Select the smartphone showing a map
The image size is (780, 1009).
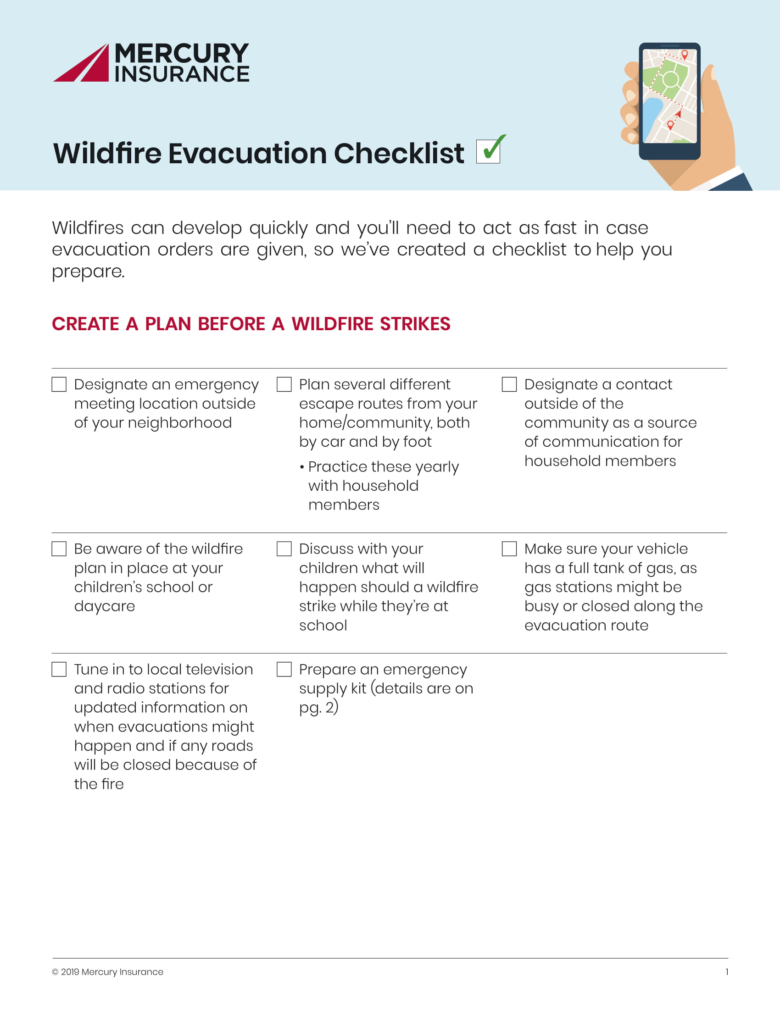pyautogui.click(x=669, y=101)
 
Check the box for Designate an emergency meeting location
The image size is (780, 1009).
pyautogui.click(x=59, y=384)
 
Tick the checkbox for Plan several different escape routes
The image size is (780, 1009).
pyautogui.click(x=284, y=384)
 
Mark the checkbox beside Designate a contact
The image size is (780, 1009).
pyautogui.click(x=509, y=384)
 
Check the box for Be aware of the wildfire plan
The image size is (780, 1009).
pyautogui.click(x=59, y=549)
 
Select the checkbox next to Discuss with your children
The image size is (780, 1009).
pyautogui.click(x=284, y=549)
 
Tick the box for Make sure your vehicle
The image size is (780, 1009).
pyautogui.click(x=509, y=549)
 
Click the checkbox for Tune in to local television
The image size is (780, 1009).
pyautogui.click(x=59, y=670)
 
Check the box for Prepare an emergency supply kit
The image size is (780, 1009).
pyautogui.click(x=284, y=670)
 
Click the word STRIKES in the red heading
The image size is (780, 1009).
pyautogui.click(x=414, y=324)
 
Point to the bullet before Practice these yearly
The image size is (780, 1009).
pyautogui.click(x=302, y=467)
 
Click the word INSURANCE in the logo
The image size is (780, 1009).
pyautogui.click(x=182, y=74)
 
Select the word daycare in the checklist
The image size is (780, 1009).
pyautogui.click(x=105, y=606)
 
